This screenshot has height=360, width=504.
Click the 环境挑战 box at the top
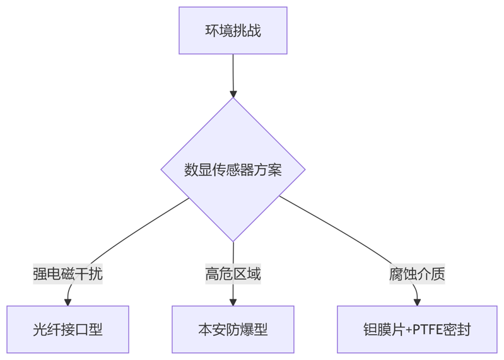[x=233, y=30]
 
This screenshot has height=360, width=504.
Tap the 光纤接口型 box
[x=67, y=329]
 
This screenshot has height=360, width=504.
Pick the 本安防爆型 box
[x=233, y=329]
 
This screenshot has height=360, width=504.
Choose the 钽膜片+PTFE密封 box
[x=417, y=329]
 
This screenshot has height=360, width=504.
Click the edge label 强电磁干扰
[x=67, y=274]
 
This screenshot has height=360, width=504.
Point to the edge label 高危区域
[x=233, y=274]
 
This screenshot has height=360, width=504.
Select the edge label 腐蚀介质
[x=417, y=274]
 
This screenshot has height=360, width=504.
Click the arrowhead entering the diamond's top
[x=233, y=93]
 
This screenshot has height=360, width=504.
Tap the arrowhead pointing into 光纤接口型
[x=68, y=302]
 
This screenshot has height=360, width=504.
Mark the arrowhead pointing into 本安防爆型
[x=233, y=302]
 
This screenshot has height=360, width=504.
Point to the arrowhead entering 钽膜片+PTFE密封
[x=417, y=302]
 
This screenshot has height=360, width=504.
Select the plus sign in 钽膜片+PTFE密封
[x=408, y=330]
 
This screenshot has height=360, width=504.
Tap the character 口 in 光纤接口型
[x=82, y=329]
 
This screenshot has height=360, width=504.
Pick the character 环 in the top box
[x=213, y=31]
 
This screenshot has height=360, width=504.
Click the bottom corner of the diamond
[x=233, y=240]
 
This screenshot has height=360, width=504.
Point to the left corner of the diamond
[x=162, y=170]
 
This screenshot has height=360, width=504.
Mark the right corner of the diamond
[x=305, y=170]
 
